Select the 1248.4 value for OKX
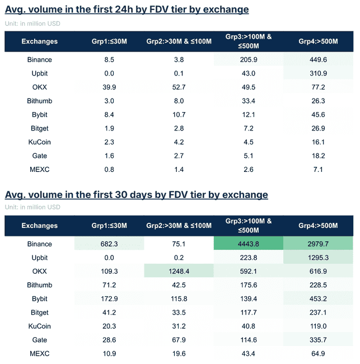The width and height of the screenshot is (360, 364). tap(179, 271)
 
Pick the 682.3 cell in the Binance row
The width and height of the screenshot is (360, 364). tap(109, 244)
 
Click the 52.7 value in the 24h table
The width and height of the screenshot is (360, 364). tap(179, 87)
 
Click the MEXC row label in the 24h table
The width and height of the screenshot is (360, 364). tap(39, 169)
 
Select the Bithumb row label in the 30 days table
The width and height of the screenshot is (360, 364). tap(39, 285)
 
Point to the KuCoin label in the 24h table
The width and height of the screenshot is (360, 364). tap(39, 142)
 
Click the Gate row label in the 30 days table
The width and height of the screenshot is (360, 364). tap(39, 340)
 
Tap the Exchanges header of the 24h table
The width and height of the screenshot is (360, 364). tap(39, 41)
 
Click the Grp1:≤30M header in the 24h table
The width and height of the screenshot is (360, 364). tap(109, 41)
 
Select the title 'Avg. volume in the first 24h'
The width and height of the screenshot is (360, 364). tap(127, 10)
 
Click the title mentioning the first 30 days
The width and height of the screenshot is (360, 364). tap(136, 194)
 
